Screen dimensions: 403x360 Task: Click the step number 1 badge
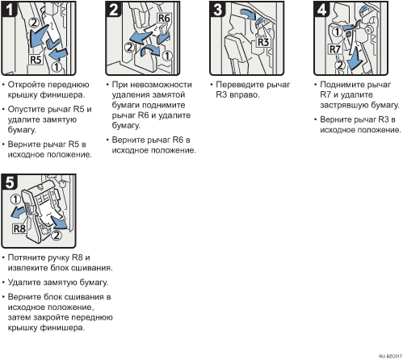pos(9,9)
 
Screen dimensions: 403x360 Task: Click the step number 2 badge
pos(113,9)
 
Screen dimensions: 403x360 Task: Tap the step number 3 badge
pos(217,9)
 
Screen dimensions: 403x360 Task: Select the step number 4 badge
pos(321,9)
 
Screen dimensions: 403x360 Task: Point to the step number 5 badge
pos(9,182)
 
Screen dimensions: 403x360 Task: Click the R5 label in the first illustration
pos(36,60)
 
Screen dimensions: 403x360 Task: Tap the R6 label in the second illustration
pos(164,19)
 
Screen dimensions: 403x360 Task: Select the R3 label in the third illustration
pos(263,42)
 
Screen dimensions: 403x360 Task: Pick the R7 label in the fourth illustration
pos(334,49)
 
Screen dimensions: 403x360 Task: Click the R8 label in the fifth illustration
pos(19,229)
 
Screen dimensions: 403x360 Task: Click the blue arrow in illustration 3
pos(248,14)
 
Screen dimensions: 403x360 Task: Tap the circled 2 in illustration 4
pos(340,65)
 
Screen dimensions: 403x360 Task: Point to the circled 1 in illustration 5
pos(15,199)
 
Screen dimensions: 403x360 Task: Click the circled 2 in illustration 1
pos(34,23)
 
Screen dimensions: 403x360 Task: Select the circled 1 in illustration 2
pos(167,56)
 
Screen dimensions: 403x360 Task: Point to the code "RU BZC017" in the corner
pos(390,356)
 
